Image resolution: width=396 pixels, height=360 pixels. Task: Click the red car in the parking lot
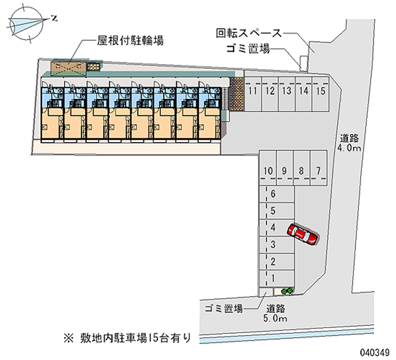click(x=302, y=234)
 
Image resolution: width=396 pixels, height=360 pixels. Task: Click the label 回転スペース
click(x=248, y=33)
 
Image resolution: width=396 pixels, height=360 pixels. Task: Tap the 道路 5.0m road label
click(x=276, y=313)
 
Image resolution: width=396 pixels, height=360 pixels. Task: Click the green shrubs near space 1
click(x=286, y=290)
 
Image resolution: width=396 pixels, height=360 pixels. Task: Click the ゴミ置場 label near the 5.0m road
click(x=224, y=309)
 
